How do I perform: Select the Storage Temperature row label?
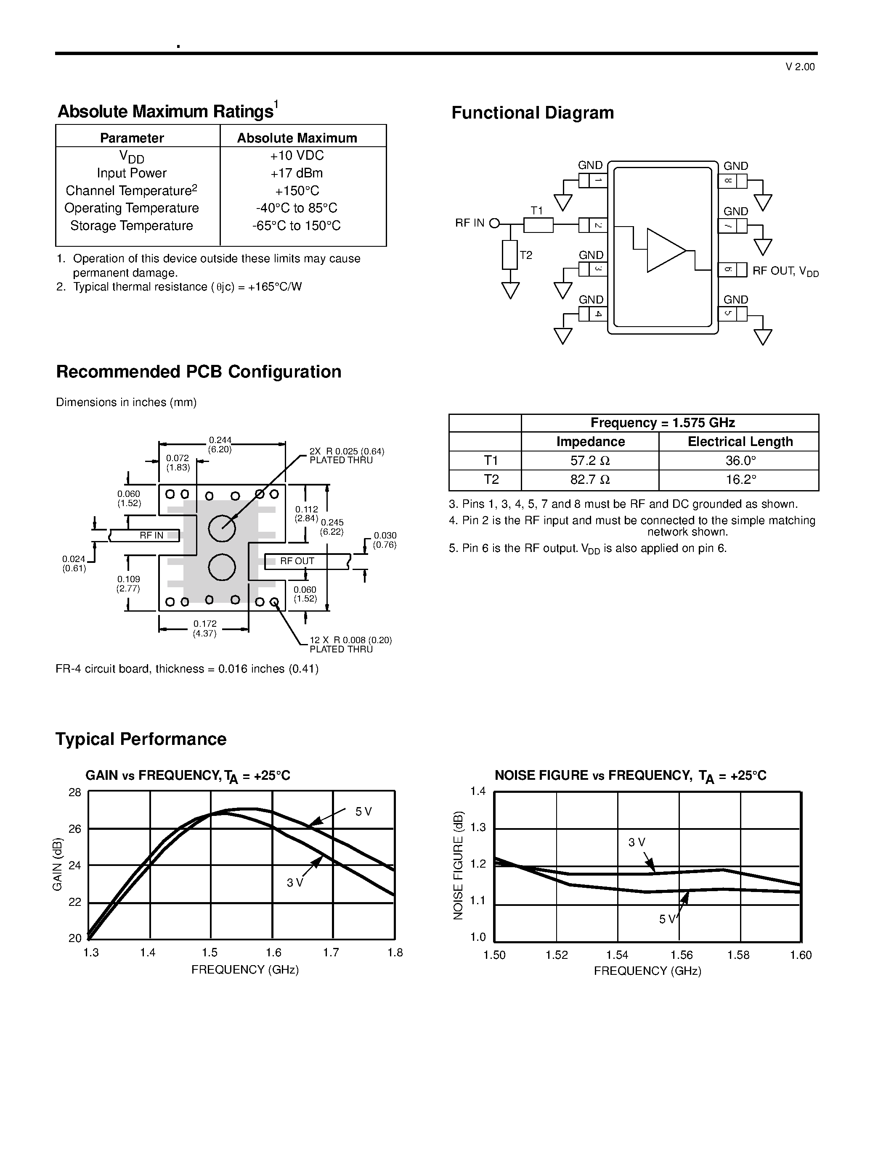tap(131, 226)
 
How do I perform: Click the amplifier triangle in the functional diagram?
tap(665, 251)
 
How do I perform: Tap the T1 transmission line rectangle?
tap(538, 225)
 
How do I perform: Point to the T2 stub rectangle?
tap(509, 255)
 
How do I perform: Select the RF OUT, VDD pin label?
tap(785, 272)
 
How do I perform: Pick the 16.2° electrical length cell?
tap(740, 480)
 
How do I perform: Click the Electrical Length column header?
tap(740, 442)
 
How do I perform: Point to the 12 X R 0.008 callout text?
tap(350, 644)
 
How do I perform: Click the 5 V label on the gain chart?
tap(363, 811)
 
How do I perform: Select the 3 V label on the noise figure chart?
tap(637, 842)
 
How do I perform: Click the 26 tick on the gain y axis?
tap(75, 829)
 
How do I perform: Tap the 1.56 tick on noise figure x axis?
tap(681, 955)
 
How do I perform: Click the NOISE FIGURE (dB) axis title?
tap(458, 865)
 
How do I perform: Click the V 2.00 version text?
tap(800, 67)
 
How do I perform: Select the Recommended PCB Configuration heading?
tap(199, 372)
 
